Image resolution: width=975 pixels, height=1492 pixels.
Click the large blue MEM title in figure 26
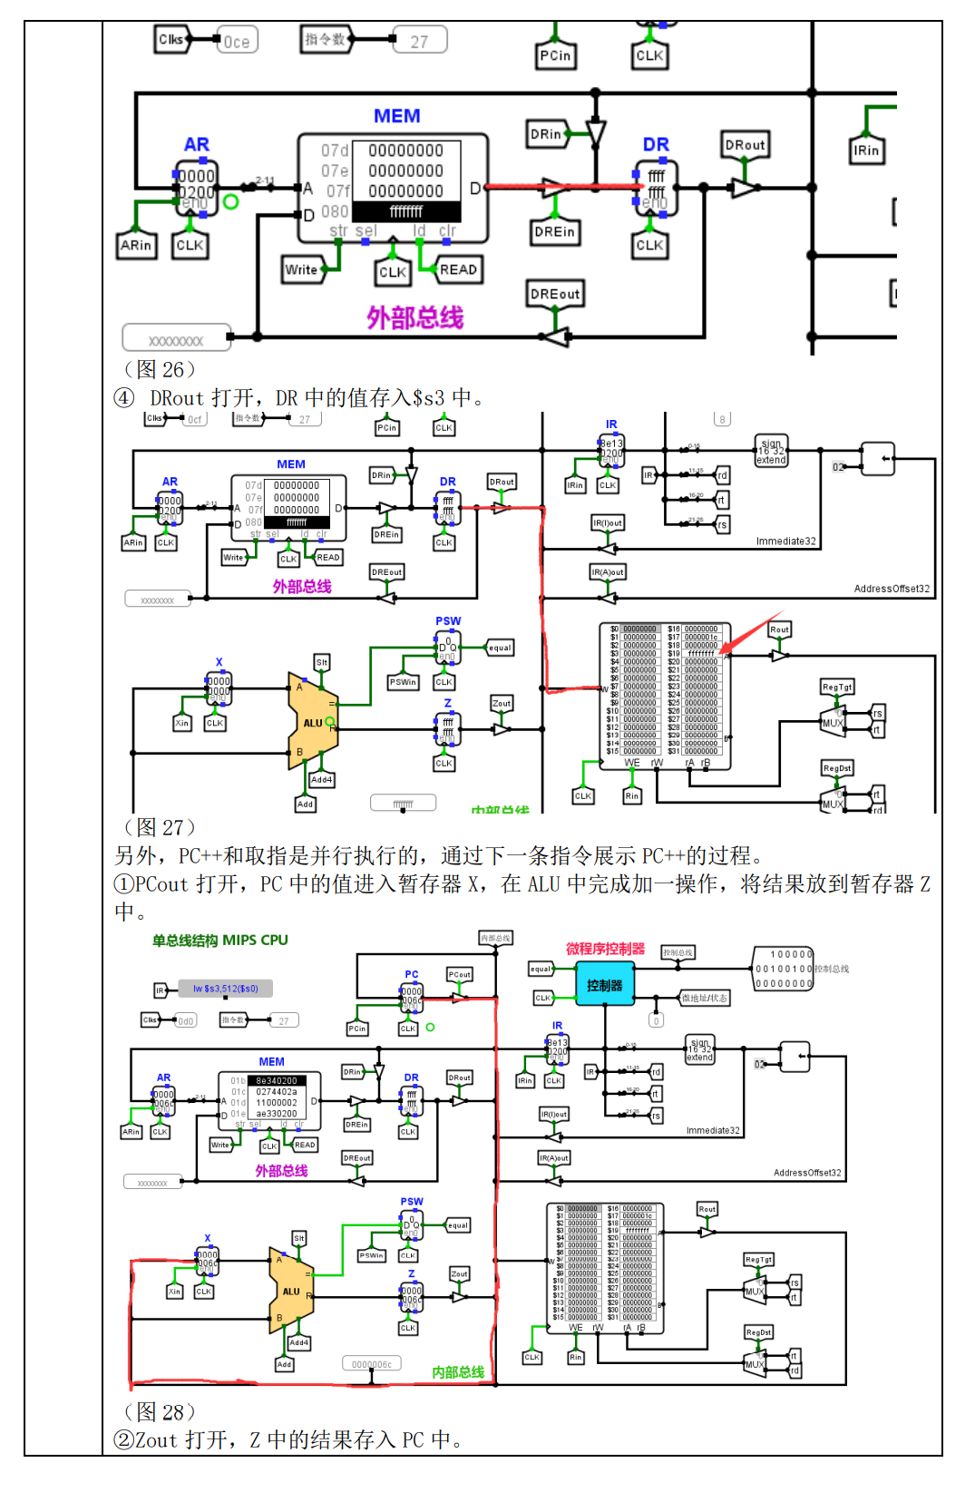(396, 116)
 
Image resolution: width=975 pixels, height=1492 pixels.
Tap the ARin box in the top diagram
(136, 245)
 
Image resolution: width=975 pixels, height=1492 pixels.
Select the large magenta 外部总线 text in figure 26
(414, 317)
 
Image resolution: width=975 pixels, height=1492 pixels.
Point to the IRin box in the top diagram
(865, 151)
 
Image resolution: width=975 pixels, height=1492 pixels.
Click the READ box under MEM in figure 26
(458, 269)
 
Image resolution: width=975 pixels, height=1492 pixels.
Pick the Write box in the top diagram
(302, 269)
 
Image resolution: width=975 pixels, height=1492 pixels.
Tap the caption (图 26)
(159, 369)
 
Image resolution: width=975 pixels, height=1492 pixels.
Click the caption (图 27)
(159, 827)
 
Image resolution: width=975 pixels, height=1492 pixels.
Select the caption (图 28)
(159, 1411)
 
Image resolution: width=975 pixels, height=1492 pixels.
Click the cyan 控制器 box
(604, 986)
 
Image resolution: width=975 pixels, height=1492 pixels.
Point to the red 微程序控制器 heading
(605, 949)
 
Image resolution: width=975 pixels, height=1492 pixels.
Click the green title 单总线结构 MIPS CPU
(219, 941)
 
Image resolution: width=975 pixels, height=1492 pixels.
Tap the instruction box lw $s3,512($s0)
(225, 989)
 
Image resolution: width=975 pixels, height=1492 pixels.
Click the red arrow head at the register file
(728, 648)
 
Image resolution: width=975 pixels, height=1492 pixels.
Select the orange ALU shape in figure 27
(313, 721)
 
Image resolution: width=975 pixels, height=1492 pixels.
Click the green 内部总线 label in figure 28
(458, 1372)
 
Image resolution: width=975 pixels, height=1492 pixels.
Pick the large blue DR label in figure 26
(656, 145)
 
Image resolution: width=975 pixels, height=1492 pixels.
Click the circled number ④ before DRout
(124, 398)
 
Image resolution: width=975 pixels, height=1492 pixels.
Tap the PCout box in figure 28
(459, 974)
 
